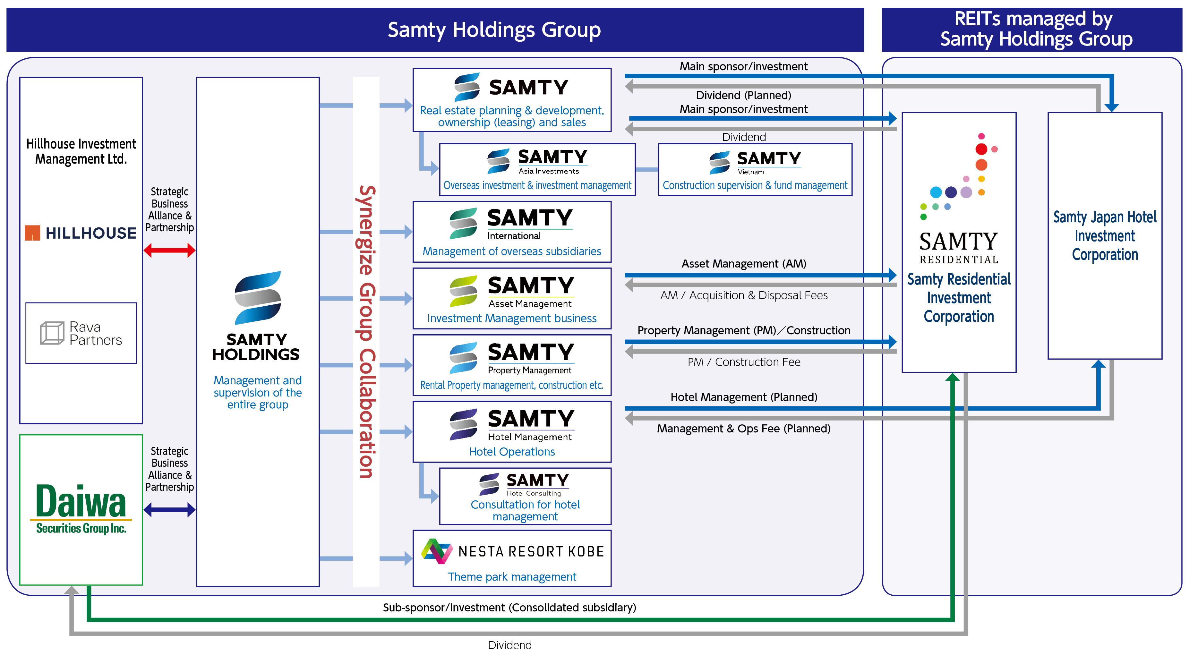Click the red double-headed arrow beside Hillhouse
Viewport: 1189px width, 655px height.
169,251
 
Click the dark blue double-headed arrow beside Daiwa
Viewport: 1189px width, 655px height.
169,510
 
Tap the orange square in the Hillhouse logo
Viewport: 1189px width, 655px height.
32,233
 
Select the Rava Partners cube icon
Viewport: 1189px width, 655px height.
52,333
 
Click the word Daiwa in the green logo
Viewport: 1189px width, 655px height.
81,502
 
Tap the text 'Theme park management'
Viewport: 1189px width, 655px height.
512,577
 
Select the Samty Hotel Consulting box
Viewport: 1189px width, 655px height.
525,496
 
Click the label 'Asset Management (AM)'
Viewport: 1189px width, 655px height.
744,264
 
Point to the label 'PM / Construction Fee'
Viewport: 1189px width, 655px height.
744,362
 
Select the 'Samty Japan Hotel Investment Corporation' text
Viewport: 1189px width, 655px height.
1105,236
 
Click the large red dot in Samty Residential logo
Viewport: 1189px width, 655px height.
981,149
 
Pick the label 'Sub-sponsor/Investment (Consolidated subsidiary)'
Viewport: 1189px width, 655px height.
509,608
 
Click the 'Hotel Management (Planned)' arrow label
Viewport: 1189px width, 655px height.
744,397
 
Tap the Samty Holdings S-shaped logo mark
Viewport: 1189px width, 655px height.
258,298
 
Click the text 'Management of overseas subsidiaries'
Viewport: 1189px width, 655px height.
512,251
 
